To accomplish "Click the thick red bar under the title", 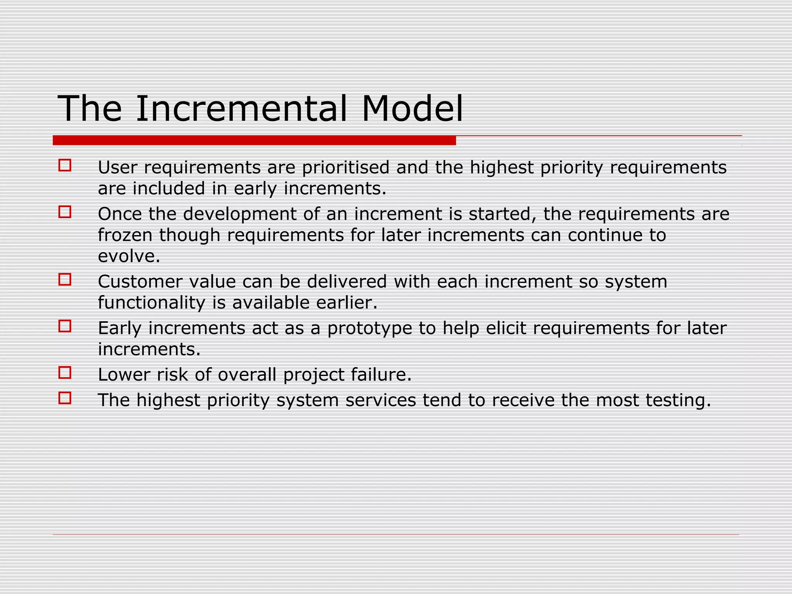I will [254, 140].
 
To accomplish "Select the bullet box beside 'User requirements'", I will [65, 166].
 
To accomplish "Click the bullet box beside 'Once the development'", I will [65, 212].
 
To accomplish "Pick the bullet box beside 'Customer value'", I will [65, 279].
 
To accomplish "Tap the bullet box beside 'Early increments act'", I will [65, 326].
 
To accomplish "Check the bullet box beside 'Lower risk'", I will [65, 373].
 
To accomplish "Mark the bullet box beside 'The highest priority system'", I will [65, 398].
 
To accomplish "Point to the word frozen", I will [125, 235].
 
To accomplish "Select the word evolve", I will [128, 256].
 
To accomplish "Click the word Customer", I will [140, 282].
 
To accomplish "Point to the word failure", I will [381, 375].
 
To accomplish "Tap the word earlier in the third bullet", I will [346, 303].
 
